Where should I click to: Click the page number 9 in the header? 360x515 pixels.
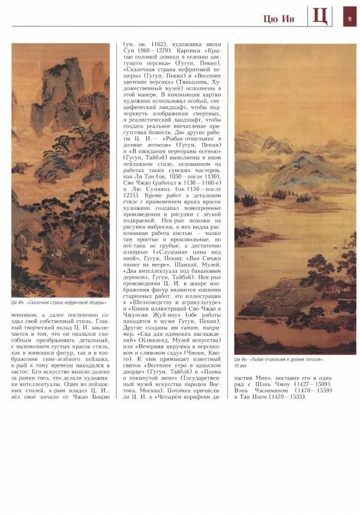[349, 17]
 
